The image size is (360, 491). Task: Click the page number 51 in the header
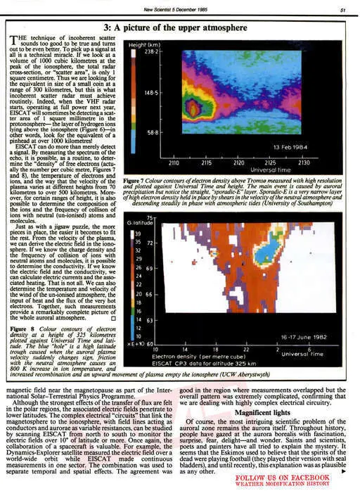(x=341, y=9)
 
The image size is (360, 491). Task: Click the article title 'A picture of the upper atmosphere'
(x=179, y=27)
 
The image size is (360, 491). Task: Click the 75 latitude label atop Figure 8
(x=148, y=219)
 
